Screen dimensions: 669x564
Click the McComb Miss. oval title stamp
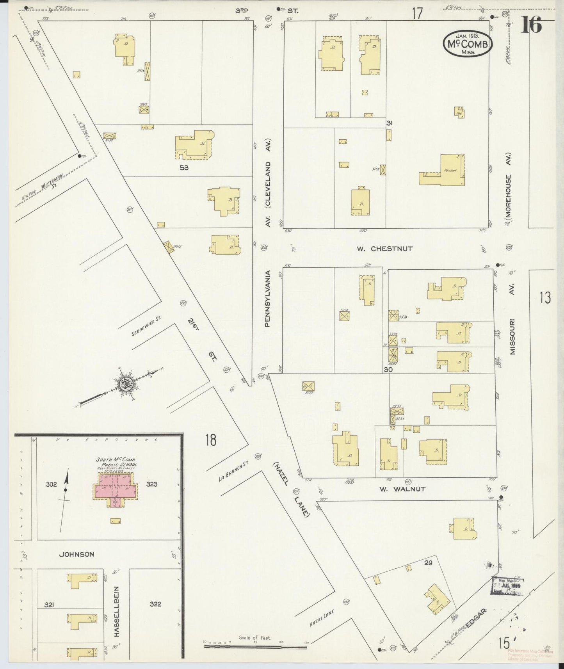(467, 44)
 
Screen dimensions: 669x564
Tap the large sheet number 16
(532, 25)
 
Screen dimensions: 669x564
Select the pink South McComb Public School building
(115, 488)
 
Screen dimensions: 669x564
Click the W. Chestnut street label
(384, 248)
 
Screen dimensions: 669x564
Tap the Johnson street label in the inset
(77, 554)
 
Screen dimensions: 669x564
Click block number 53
(184, 168)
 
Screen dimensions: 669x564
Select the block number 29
(429, 562)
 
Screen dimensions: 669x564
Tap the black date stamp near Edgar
(507, 586)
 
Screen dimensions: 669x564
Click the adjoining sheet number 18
(210, 440)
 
